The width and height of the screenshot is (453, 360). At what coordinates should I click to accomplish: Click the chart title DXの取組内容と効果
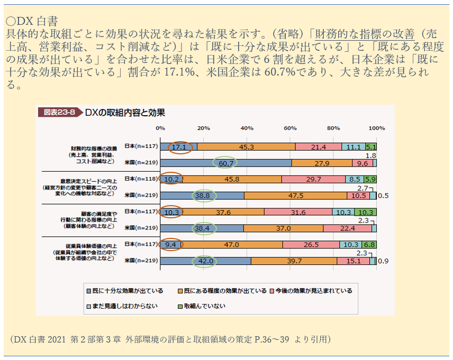coord(125,112)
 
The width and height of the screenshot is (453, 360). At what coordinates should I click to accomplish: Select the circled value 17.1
coord(180,146)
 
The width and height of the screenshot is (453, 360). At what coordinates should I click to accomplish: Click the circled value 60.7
coord(226,163)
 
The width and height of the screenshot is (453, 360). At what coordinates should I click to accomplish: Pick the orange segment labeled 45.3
coord(246,146)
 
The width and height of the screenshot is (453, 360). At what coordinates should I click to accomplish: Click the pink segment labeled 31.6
coord(298,212)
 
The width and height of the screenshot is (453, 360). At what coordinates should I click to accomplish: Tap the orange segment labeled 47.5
coord(295,196)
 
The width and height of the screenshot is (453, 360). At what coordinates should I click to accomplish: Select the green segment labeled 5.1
coord(371,146)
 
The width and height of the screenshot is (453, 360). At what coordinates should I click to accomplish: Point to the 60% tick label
coord(289,128)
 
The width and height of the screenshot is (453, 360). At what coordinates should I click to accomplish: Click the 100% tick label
coord(376,128)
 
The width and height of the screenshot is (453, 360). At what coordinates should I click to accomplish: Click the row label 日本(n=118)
coord(141,179)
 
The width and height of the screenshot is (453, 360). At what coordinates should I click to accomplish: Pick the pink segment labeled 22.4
coord(347,228)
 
